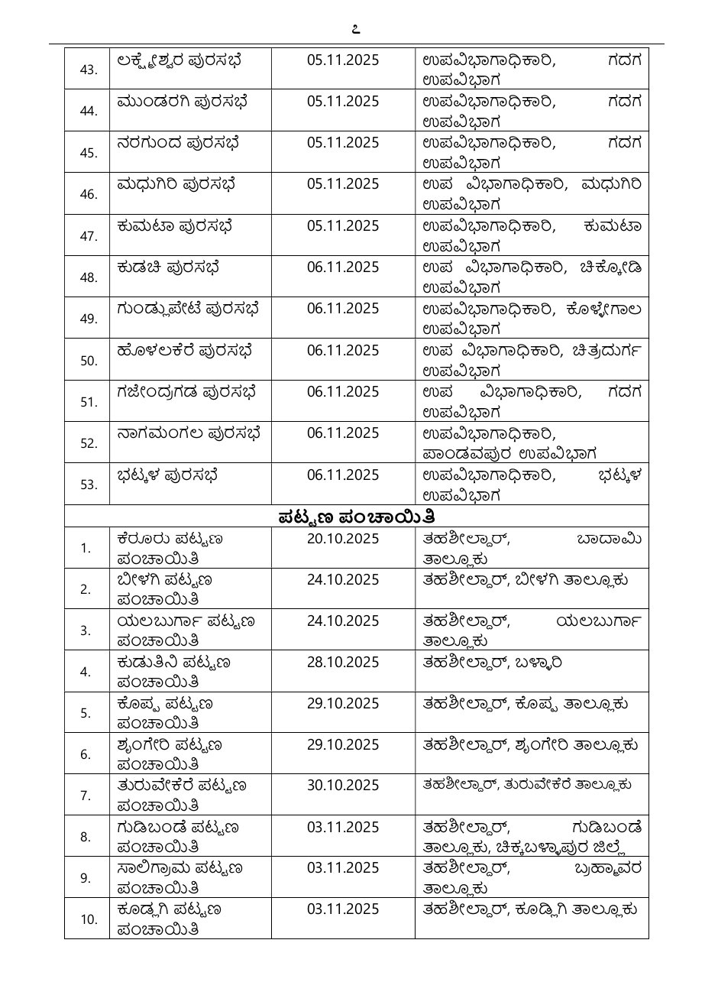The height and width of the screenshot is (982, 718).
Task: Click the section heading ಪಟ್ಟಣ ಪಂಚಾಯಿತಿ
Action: (x=356, y=517)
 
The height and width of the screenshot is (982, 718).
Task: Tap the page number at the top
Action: (x=356, y=31)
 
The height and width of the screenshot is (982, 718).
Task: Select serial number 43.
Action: (x=89, y=70)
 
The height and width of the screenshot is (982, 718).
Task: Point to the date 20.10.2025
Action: (x=343, y=538)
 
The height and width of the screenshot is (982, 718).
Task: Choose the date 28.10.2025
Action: (x=343, y=662)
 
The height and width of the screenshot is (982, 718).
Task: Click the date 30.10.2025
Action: (x=343, y=786)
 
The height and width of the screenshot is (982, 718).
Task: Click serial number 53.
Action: (x=89, y=484)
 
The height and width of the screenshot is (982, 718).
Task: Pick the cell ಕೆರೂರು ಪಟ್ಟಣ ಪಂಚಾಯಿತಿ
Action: (x=170, y=547)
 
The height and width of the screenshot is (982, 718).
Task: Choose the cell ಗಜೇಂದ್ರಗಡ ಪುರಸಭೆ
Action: (x=186, y=391)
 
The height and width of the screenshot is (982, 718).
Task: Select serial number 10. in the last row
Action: (x=89, y=919)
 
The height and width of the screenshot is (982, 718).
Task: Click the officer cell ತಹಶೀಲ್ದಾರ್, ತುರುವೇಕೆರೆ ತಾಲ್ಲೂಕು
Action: (x=528, y=784)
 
